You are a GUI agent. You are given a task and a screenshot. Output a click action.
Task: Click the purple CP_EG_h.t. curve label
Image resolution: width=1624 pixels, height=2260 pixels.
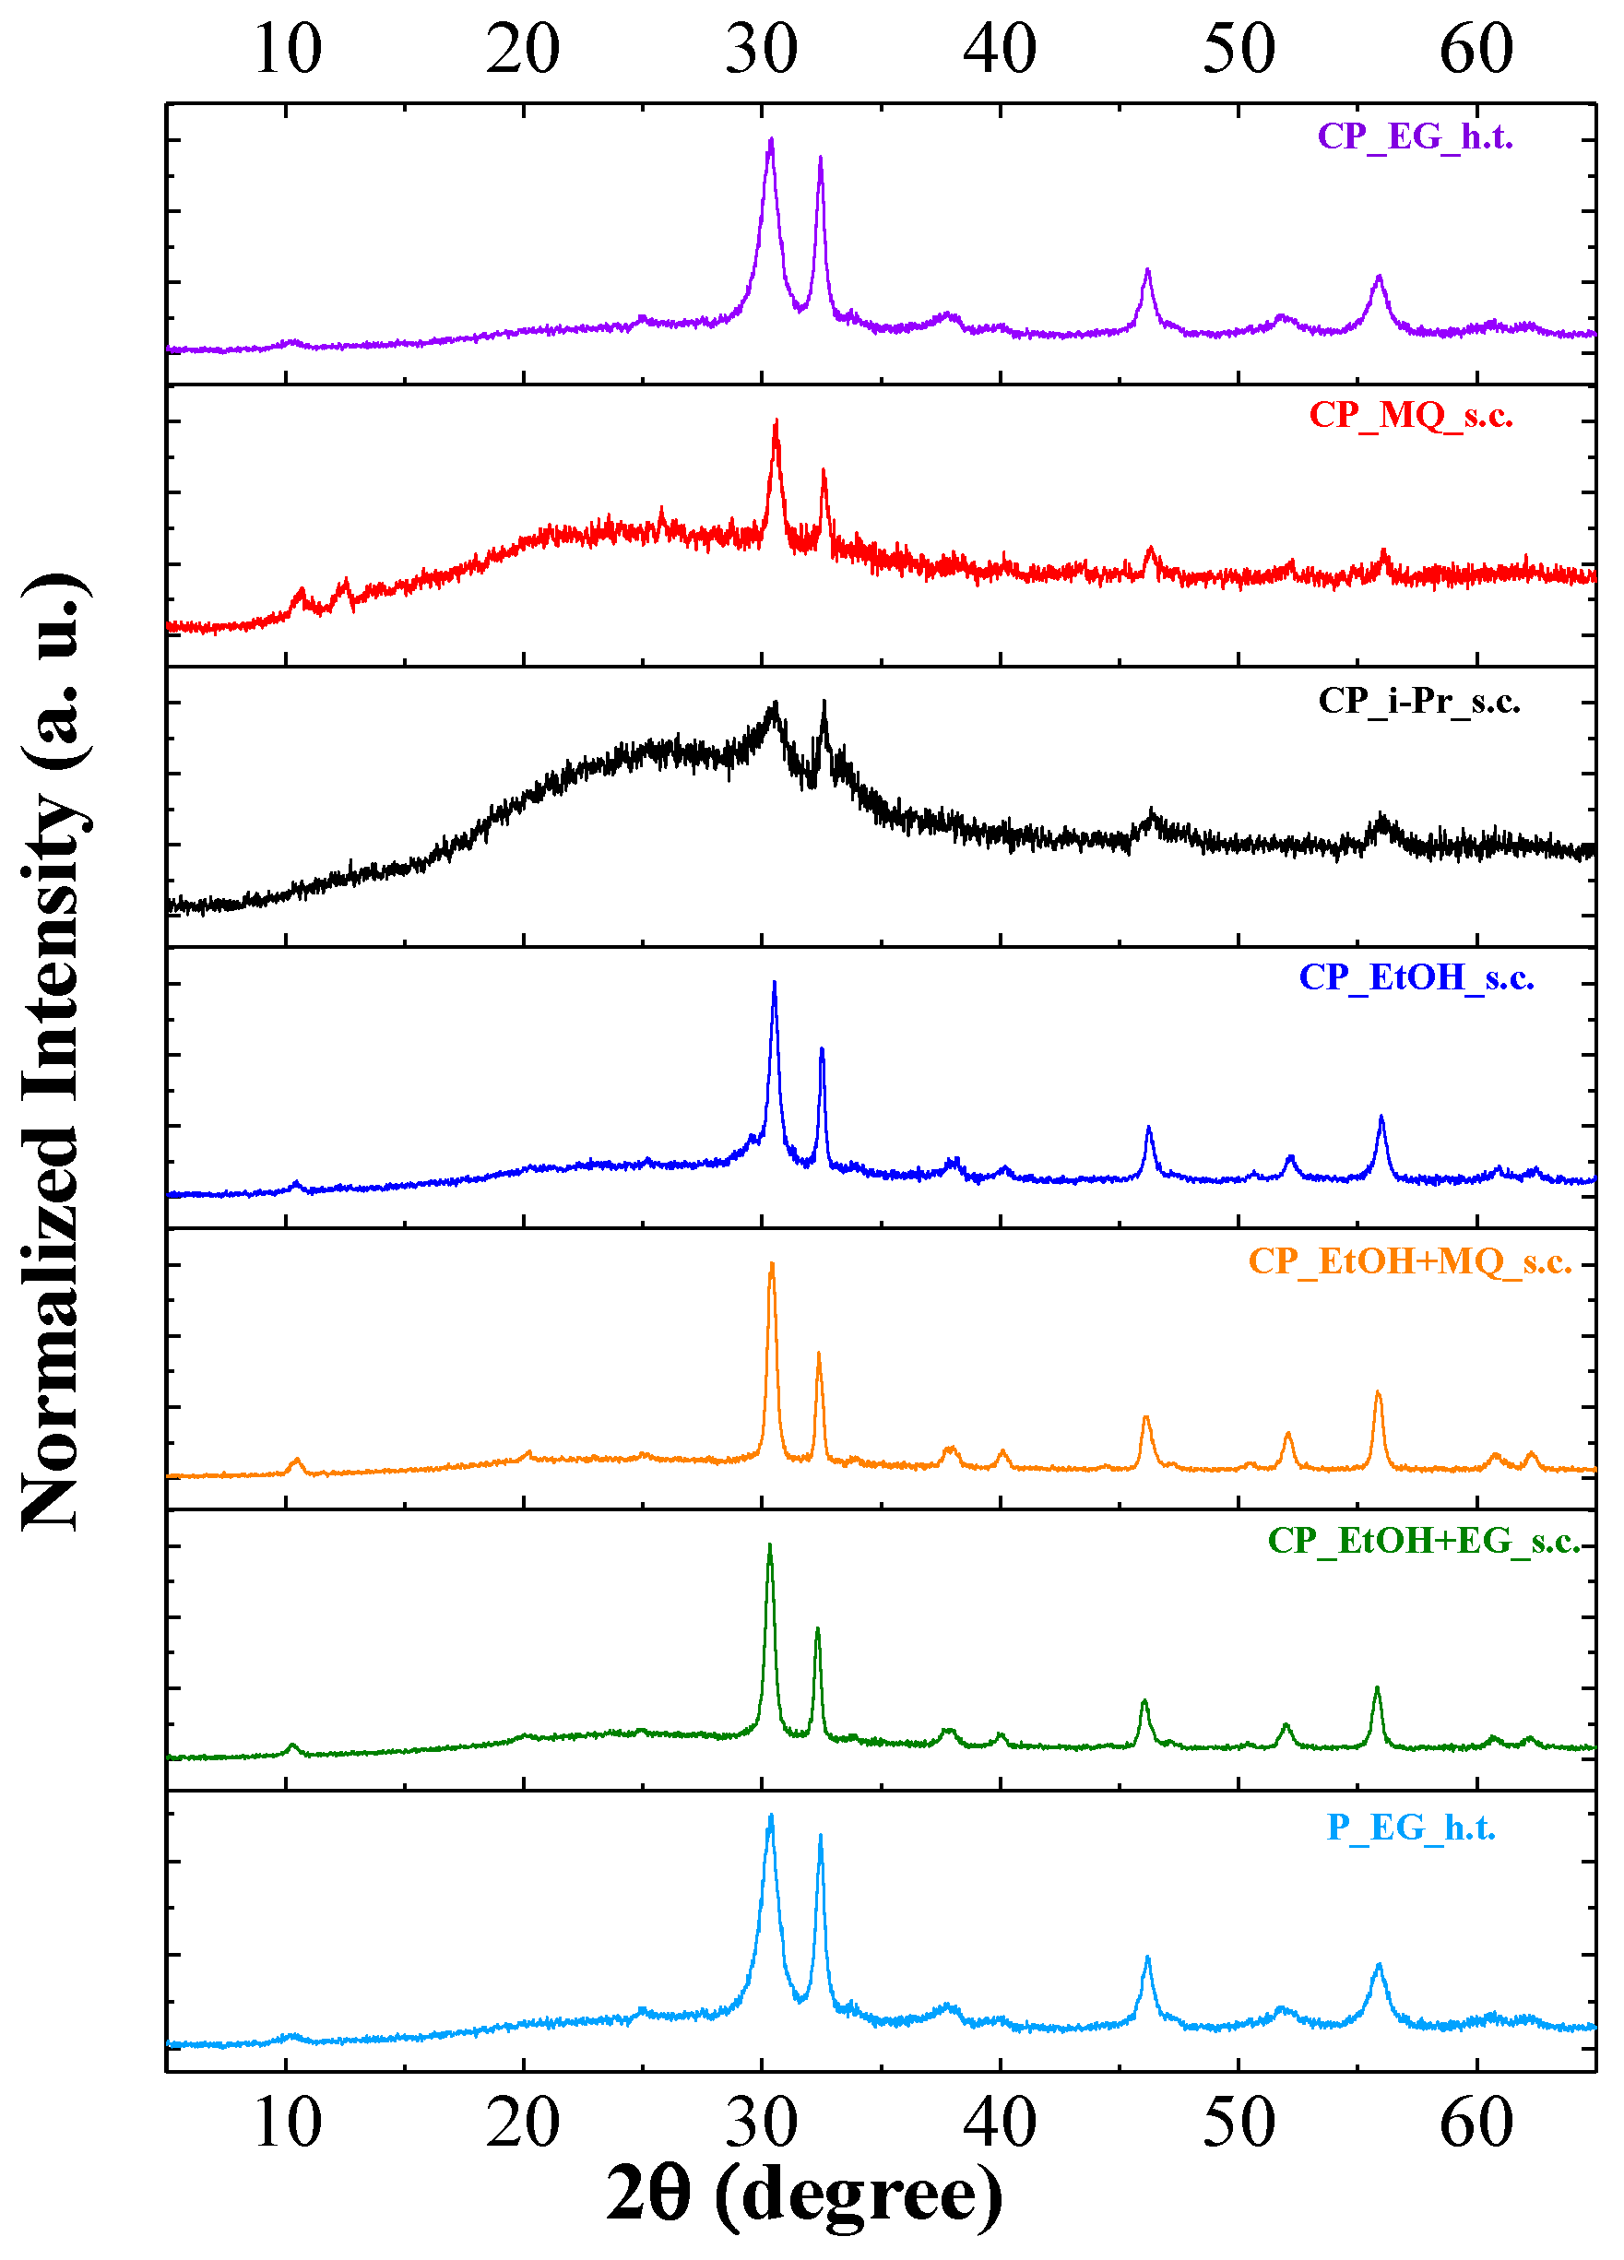point(1414,136)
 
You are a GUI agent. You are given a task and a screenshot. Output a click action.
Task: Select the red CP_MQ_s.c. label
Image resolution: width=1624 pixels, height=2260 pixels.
point(1410,415)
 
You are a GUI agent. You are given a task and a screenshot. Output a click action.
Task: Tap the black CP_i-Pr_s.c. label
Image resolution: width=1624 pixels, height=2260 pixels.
point(1417,701)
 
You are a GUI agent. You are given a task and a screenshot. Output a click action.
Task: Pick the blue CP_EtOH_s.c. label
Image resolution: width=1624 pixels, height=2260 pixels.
point(1415,977)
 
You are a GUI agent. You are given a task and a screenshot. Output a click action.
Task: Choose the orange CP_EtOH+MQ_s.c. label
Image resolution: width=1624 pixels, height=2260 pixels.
point(1410,1261)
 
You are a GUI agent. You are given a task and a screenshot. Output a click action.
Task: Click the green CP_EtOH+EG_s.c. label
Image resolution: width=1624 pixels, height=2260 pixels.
point(1423,1541)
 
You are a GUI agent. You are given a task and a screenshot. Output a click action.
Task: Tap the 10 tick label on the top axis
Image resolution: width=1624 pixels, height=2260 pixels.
point(287,48)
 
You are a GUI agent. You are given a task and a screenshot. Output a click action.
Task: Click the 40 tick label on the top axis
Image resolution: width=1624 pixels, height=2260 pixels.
point(1000,48)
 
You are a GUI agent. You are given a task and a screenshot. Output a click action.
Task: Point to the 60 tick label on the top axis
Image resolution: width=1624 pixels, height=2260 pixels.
point(1476,48)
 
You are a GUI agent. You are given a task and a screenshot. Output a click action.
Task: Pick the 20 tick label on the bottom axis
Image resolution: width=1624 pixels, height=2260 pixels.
point(523,2124)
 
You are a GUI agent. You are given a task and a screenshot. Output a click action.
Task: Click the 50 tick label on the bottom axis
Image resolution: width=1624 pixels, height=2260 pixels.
point(1238,2124)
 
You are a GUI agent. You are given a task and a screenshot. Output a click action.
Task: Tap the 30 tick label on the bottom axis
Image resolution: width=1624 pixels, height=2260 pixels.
point(761,2124)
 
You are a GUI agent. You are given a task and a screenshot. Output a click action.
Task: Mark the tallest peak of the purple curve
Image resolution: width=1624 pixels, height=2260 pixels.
point(770,140)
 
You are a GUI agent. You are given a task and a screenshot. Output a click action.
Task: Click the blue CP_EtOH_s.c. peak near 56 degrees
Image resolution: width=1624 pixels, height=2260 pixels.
point(1381,1117)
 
